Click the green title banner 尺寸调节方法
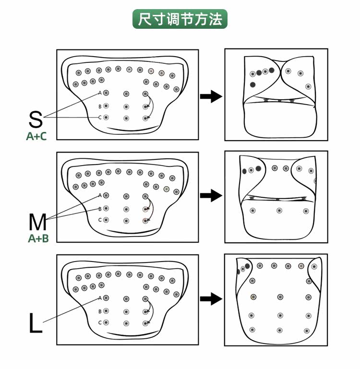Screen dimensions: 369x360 pos(180,20)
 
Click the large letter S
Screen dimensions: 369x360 pos(36,119)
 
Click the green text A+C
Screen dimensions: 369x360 pos(36,136)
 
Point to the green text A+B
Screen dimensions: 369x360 pos(38,238)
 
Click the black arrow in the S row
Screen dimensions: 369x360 pos(210,96)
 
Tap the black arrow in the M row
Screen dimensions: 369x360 pos(210,195)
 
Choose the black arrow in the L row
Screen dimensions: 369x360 pos(210,299)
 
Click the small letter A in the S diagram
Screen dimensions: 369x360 pos(100,93)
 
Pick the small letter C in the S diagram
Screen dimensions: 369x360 pos(100,118)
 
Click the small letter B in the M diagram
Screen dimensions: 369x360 pos(100,209)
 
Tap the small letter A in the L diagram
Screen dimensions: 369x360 pos(100,298)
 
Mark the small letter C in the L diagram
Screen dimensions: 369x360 pos(100,322)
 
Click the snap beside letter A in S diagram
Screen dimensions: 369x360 pos(106,93)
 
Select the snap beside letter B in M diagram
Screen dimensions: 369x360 pos(106,209)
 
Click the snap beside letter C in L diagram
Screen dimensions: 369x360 pos(106,323)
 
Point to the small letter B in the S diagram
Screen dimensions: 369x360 pos(100,106)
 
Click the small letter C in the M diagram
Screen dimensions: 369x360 pos(100,220)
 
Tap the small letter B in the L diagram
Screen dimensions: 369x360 pos(100,311)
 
